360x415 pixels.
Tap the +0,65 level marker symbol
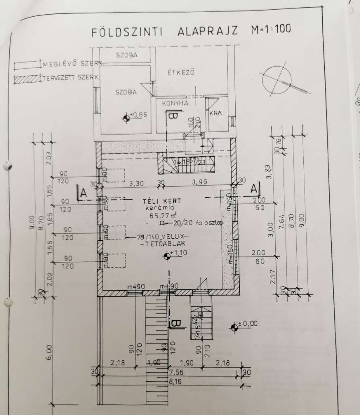coord(127,118)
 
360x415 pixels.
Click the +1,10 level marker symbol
coord(166,256)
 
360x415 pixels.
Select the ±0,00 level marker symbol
coord(234,327)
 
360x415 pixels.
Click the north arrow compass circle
coord(277,79)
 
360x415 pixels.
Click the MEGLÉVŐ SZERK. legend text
coord(73,64)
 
